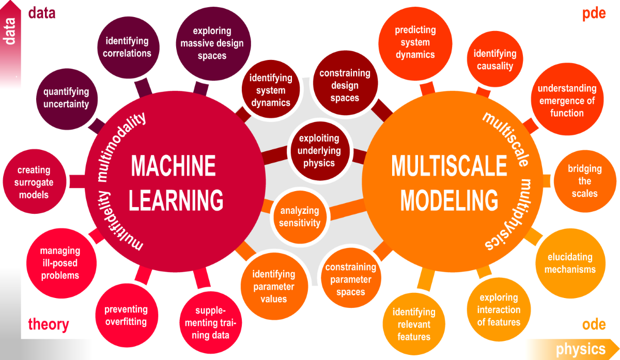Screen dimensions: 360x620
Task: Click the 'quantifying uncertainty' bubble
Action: (66, 98)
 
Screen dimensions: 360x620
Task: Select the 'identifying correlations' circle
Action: (127, 47)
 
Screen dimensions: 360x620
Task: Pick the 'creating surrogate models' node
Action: (34, 182)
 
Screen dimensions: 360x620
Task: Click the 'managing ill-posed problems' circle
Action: (60, 263)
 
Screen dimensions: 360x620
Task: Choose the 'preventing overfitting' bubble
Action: (126, 316)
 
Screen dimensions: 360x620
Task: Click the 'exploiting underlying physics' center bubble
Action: (319, 150)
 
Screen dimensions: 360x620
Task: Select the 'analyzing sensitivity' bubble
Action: (300, 217)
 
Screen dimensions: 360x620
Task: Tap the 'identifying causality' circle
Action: (494, 60)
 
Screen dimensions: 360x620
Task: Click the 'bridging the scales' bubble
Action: (584, 181)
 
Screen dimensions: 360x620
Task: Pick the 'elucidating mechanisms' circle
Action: (570, 263)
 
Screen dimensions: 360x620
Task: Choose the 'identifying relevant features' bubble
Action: (414, 324)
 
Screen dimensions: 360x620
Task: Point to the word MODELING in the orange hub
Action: (450, 199)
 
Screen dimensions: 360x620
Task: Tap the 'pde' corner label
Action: (594, 13)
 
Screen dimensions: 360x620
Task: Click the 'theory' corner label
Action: (48, 324)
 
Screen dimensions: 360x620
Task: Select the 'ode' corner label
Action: (594, 324)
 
